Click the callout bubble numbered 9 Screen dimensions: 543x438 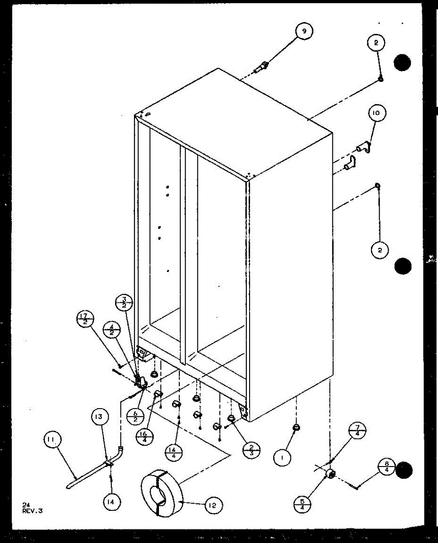tap(304, 32)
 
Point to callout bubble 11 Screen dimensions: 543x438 tap(53, 440)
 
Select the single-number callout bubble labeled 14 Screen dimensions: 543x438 tap(111, 501)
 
